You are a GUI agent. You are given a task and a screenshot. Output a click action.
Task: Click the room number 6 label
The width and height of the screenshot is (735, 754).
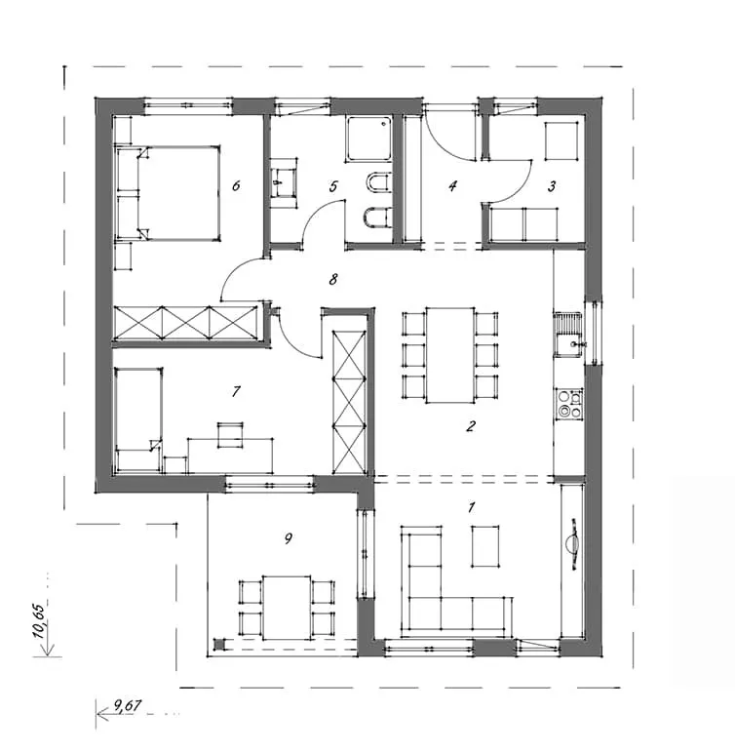click(x=236, y=185)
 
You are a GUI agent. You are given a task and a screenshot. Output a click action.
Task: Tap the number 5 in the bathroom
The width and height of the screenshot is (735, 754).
click(x=333, y=186)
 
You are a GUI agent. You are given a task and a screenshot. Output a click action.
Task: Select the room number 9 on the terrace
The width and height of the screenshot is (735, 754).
click(x=289, y=538)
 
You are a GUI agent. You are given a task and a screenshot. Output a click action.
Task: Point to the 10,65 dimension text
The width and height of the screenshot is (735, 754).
click(x=40, y=620)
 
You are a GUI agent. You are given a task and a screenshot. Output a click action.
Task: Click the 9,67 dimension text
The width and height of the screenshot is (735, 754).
click(x=128, y=705)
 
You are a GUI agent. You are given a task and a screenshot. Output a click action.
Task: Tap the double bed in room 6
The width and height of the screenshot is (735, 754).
click(x=168, y=193)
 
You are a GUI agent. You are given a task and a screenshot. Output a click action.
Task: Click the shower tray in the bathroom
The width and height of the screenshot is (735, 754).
click(x=369, y=139)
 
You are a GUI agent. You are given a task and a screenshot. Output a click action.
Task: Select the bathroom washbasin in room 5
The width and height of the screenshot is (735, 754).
click(x=283, y=182)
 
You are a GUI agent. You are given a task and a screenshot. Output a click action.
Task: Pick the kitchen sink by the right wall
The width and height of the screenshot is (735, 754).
click(x=568, y=335)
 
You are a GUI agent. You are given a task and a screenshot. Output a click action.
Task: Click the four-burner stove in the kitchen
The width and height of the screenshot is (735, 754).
click(x=569, y=404)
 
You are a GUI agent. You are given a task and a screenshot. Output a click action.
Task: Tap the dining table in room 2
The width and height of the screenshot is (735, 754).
click(x=450, y=355)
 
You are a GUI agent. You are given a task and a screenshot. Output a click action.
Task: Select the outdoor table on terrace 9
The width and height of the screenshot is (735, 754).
click(x=287, y=608)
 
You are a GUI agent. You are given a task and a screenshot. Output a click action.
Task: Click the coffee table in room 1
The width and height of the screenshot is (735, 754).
click(x=485, y=546)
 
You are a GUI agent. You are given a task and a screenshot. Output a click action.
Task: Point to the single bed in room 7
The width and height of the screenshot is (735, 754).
click(x=138, y=419)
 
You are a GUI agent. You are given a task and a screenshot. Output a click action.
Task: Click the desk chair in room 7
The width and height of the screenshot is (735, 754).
click(x=230, y=435)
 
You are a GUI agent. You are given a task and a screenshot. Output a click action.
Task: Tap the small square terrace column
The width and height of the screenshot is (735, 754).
click(x=218, y=644)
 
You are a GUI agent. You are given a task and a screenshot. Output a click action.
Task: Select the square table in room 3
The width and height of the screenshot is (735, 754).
click(x=561, y=140)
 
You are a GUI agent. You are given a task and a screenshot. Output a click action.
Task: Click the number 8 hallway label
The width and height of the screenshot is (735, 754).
click(x=333, y=279)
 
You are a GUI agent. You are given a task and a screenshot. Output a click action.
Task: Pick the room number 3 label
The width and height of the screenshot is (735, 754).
click(x=552, y=186)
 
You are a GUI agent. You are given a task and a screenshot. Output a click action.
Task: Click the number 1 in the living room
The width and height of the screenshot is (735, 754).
click(x=471, y=507)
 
